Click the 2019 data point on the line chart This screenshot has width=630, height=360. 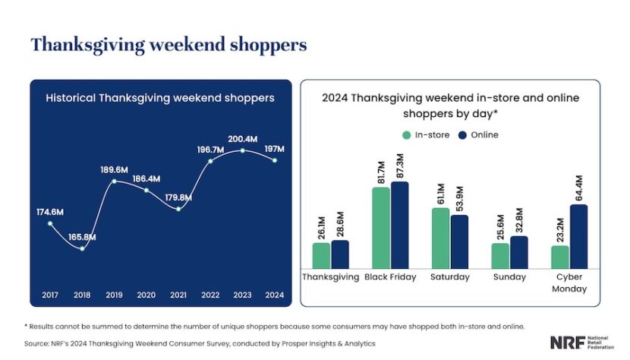coord(114,181)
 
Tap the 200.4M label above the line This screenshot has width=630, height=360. coord(244,139)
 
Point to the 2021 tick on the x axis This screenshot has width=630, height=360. coord(178,294)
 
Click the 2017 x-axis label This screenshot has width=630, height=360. coord(49,294)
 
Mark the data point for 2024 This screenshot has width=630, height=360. coord(275,159)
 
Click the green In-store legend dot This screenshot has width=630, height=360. coord(405,135)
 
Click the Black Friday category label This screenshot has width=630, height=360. coord(390,277)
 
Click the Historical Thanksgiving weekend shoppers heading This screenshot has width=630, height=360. coord(160,98)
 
